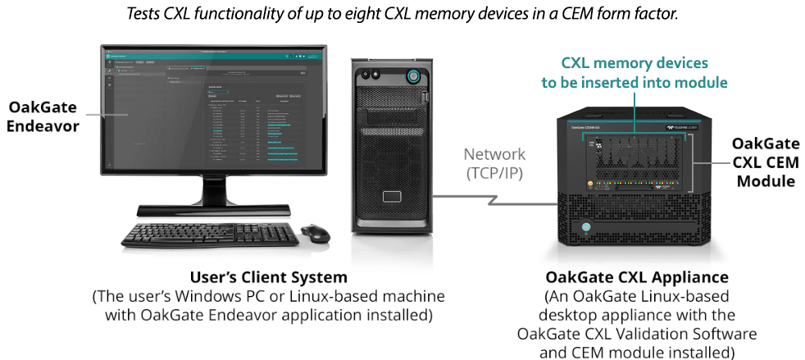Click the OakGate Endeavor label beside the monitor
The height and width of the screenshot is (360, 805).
tap(43, 117)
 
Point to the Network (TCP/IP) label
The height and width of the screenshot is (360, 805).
tap(494, 163)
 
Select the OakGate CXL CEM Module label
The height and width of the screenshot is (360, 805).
tap(765, 163)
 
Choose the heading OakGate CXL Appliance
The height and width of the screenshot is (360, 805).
tap(637, 277)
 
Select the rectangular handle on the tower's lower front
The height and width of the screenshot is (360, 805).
tap(391, 198)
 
